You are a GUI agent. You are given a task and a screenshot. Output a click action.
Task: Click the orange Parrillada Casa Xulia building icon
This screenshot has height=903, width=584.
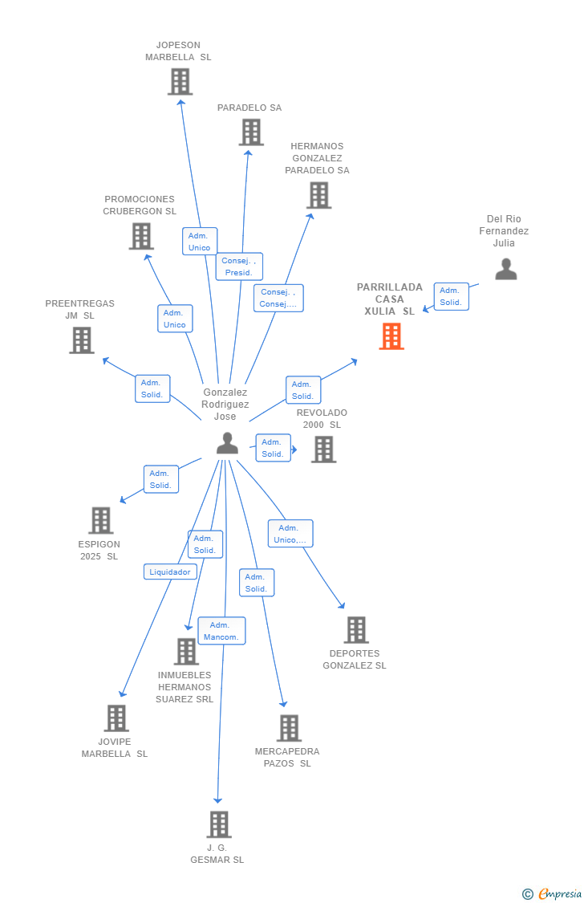(x=391, y=336)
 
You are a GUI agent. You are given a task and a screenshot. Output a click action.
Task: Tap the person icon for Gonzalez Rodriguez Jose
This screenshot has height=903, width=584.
(x=228, y=443)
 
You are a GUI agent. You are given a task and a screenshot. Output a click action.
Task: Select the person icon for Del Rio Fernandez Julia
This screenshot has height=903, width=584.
(x=506, y=269)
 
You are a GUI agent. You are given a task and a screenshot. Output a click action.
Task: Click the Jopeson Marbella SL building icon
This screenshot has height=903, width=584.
(x=180, y=81)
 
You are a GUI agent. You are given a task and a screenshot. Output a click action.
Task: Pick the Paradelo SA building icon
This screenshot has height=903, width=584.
(x=251, y=132)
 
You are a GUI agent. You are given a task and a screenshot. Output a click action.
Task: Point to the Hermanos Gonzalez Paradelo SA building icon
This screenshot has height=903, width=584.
(x=318, y=195)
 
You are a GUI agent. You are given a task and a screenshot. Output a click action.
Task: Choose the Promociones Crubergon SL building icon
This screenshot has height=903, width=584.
(x=141, y=236)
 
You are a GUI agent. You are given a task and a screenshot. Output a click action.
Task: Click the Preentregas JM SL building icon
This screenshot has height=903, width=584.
(x=82, y=340)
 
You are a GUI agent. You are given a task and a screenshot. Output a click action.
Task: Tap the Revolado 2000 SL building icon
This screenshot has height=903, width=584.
(x=323, y=449)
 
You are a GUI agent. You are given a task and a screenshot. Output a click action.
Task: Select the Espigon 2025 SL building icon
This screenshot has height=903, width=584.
(x=100, y=520)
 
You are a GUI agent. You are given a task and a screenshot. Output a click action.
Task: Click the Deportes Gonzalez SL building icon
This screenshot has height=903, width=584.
(x=356, y=630)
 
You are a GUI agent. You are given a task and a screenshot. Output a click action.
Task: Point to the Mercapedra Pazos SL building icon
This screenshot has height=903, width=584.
(x=289, y=728)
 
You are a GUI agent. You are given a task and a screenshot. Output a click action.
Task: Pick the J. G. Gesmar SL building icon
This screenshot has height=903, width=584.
(x=219, y=824)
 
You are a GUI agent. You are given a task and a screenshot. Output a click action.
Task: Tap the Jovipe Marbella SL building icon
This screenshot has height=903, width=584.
(x=116, y=718)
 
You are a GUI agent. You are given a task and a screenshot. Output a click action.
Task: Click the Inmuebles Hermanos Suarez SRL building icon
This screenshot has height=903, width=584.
(x=186, y=652)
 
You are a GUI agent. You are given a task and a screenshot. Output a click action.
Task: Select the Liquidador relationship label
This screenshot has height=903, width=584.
(x=170, y=571)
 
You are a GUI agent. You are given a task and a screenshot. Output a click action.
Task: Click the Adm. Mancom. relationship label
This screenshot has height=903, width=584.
(x=221, y=631)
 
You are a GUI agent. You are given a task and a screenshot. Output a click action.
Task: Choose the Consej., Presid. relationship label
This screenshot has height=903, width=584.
(x=239, y=266)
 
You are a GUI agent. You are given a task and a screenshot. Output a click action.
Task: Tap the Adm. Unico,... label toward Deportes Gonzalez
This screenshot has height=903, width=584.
(x=290, y=534)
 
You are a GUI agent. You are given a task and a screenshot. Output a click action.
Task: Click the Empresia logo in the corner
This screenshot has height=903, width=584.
(x=553, y=893)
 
